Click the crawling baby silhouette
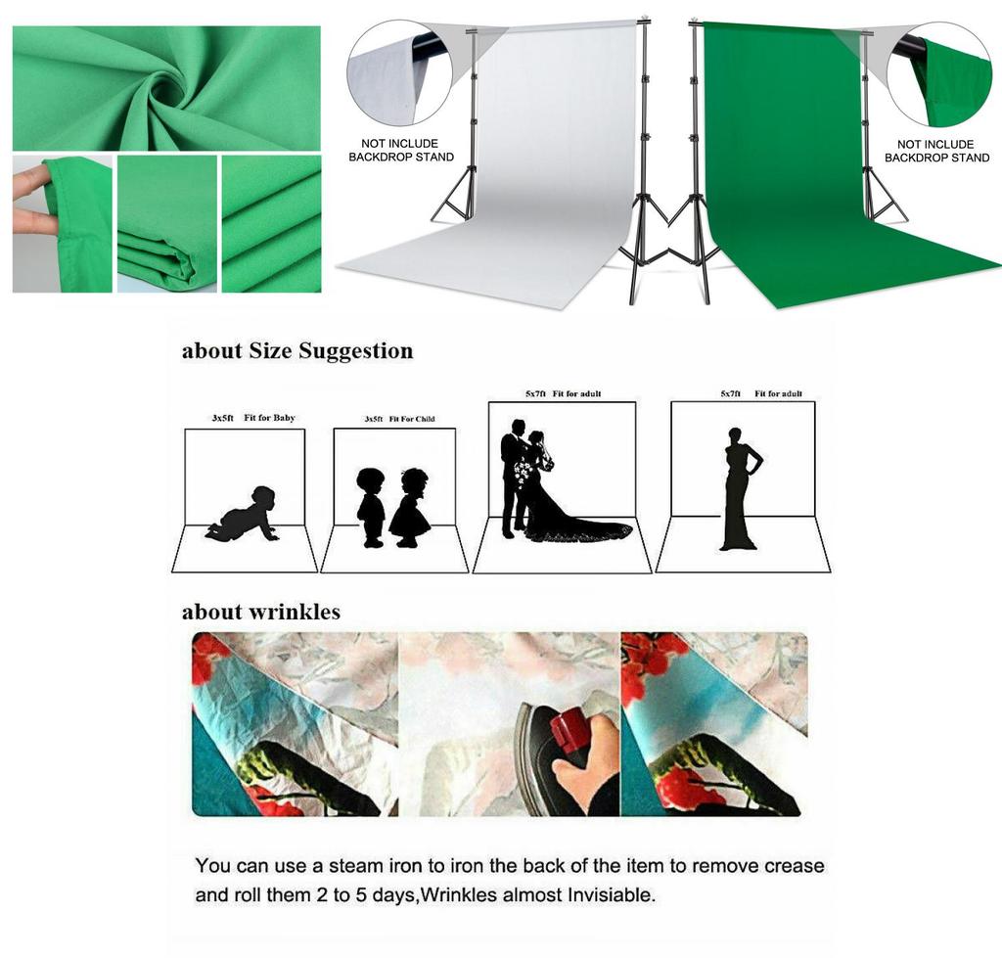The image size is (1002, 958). [x=245, y=515]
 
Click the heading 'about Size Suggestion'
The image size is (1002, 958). [x=297, y=351]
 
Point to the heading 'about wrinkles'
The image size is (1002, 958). [x=261, y=613]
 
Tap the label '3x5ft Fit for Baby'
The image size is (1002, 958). [x=253, y=419]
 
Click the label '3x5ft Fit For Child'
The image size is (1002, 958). [x=399, y=419]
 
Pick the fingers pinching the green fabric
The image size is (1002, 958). [x=32, y=201]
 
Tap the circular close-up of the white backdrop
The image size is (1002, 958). [x=400, y=73]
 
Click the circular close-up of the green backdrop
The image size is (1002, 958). [x=939, y=73]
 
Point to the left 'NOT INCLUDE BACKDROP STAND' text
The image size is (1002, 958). [x=400, y=151]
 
